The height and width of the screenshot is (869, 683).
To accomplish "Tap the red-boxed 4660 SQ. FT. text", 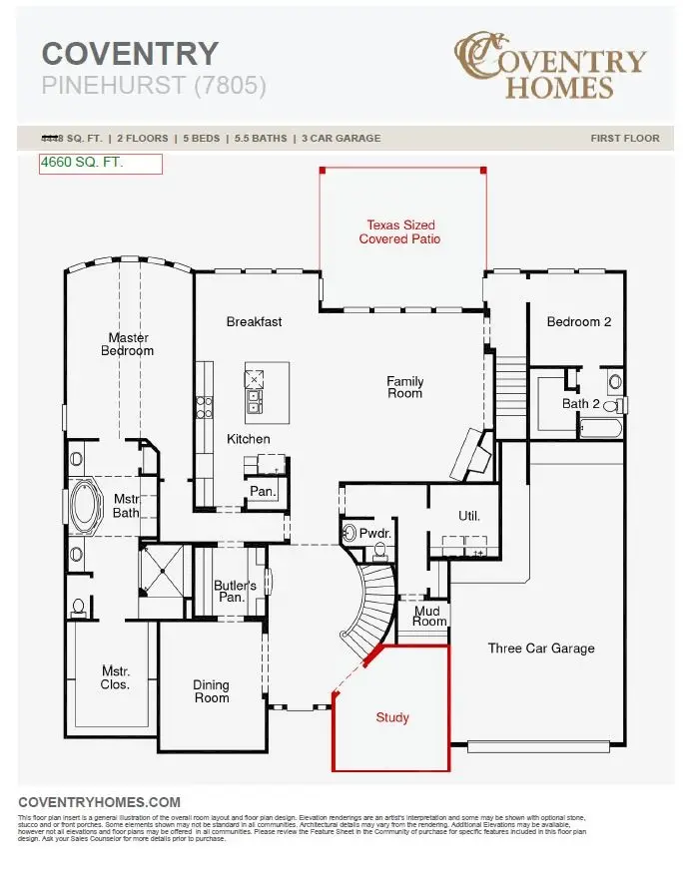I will pos(82,163).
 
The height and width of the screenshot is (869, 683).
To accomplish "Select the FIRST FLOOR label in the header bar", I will pos(624,138).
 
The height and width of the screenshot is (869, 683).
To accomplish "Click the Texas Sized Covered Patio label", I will pos(399,232).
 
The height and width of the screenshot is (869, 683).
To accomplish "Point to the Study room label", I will pos(392,717).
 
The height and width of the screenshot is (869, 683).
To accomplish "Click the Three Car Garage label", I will pos(540,649).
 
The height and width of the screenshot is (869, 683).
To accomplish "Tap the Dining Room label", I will pos(211,691).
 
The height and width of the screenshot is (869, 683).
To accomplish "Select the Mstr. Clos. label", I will pos(115,678).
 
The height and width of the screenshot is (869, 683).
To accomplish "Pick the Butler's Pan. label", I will pos(235,591).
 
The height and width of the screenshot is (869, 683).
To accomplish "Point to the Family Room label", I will pos(404,387).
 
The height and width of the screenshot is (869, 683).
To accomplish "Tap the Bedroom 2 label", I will pos(579,321).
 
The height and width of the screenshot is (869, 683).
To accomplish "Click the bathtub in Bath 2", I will pos(600,429).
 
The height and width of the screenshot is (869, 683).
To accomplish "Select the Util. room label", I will pos(468,517).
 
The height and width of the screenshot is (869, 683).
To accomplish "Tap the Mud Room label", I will pos(429,615).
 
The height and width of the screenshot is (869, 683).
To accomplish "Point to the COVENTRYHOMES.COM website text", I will pos(100,802).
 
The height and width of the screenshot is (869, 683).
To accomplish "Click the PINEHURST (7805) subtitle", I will pos(154,86).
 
